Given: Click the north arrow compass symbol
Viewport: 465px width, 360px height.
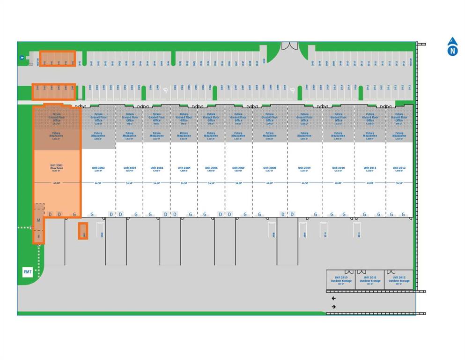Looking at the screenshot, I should (452, 47).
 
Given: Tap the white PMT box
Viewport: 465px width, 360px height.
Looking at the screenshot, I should (28, 272).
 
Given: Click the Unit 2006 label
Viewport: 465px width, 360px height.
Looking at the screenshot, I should (211, 168).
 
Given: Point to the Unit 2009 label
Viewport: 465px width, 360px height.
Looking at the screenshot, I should (304, 168).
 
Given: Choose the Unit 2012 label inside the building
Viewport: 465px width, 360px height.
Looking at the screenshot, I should (399, 168).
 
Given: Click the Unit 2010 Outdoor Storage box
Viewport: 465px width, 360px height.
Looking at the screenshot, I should (340, 279).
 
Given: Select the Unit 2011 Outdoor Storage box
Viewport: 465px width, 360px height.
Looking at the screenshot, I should (370, 279).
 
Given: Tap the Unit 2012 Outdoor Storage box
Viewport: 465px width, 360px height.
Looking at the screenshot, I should (399, 279).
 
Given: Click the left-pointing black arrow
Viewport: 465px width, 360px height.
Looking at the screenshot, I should (333, 298).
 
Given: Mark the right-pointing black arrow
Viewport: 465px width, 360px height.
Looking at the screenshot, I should (333, 307).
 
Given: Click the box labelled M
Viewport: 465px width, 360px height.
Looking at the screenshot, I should (39, 220).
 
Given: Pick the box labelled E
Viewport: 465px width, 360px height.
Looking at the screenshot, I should (39, 237).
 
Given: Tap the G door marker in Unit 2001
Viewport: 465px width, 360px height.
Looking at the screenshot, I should (74, 214).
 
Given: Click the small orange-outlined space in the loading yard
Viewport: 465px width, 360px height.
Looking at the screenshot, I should (83, 231).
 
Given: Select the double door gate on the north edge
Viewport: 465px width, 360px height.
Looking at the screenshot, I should (289, 46).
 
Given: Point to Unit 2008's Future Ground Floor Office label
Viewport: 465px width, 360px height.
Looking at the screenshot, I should (269, 117).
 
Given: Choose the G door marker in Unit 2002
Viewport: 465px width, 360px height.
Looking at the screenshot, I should (92, 214).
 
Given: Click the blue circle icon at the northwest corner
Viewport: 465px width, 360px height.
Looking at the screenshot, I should (22, 58).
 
